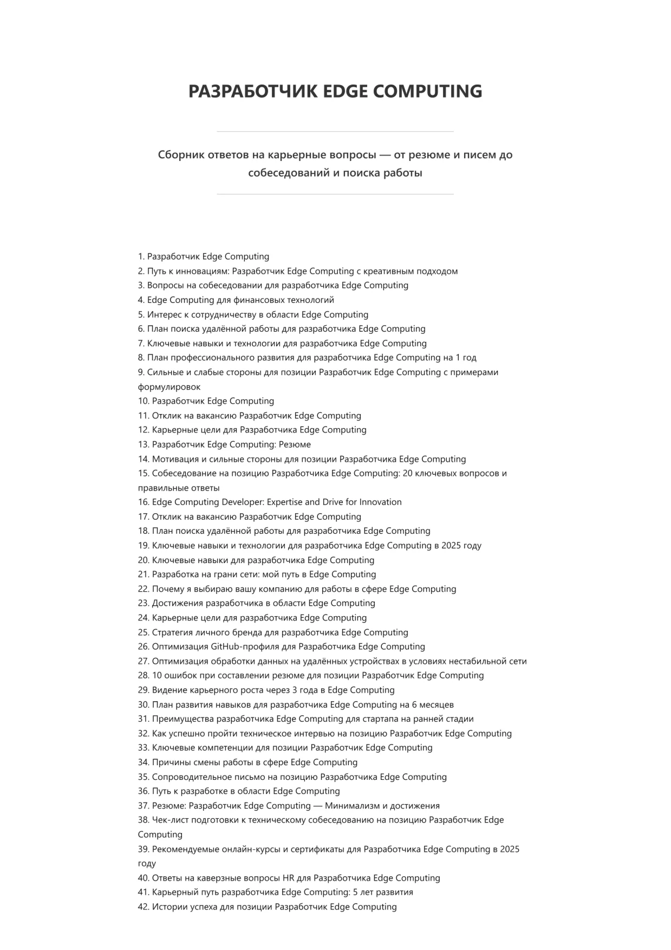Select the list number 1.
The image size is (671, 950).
pos(141,256)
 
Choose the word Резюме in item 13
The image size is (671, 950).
pos(295,444)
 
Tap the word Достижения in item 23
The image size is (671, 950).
pos(177,603)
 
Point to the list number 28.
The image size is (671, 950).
pos(144,675)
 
